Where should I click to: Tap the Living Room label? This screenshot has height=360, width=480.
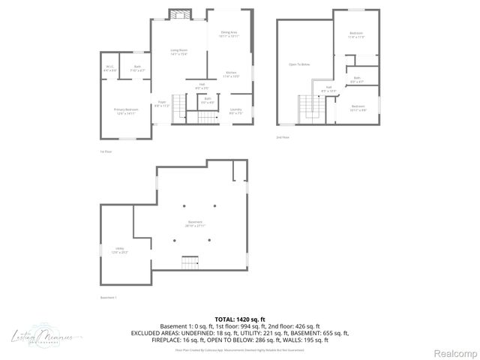178,52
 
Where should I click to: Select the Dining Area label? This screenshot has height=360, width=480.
229,34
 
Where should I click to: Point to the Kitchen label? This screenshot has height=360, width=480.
231,74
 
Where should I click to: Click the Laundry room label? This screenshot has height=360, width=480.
235,111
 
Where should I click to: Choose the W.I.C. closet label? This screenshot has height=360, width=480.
111,69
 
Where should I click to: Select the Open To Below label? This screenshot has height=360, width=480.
299,64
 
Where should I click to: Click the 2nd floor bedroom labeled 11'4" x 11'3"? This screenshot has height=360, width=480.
356,35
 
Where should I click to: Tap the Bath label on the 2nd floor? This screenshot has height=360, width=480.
357,79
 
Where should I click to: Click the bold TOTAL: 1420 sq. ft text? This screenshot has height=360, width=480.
240,319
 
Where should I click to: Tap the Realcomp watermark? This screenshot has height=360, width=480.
456,353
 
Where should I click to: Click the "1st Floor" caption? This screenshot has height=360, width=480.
106,151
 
